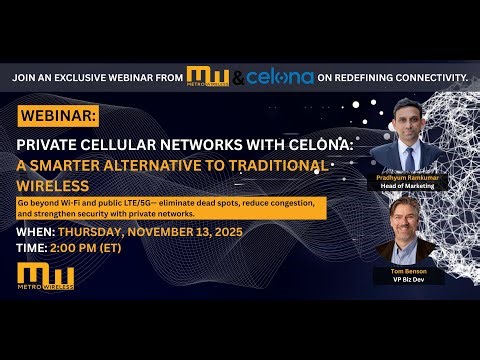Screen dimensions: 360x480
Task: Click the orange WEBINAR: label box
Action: click(59, 116)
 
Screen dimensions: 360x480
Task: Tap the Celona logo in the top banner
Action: click(280, 77)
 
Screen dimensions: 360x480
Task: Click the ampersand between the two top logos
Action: click(237, 77)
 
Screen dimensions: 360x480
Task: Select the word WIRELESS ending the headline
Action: click(53, 186)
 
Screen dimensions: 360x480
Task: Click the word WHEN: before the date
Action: click(39, 232)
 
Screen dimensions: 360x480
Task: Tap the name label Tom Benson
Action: click(410, 272)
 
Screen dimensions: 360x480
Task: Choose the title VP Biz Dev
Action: click(410, 281)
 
